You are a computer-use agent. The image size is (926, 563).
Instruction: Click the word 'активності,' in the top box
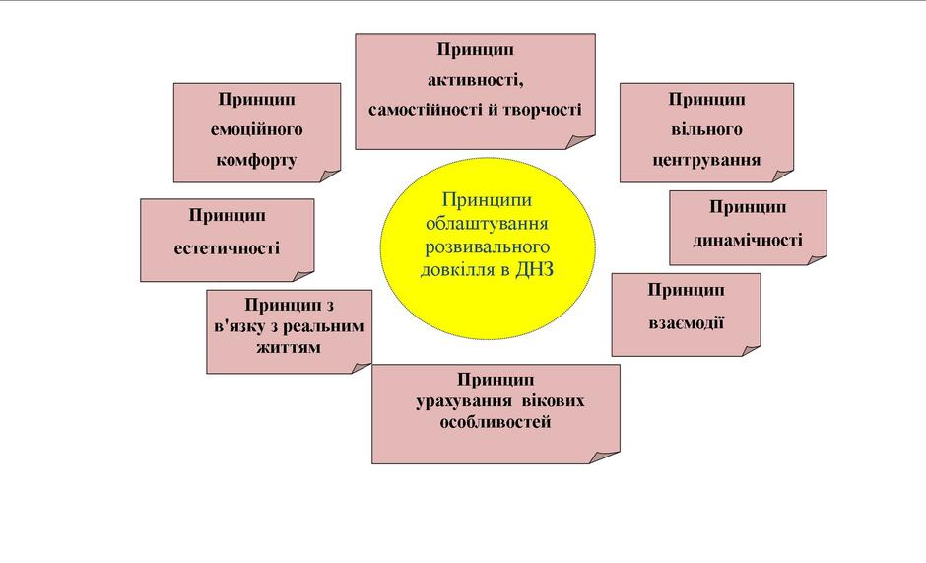(476, 79)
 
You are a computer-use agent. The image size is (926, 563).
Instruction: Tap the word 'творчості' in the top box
(542, 110)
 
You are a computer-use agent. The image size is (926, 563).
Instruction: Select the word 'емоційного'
(257, 129)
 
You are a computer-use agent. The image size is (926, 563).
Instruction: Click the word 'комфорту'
(256, 160)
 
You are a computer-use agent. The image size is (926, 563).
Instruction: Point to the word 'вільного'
(707, 129)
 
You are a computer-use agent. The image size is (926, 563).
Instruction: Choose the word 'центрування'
(706, 160)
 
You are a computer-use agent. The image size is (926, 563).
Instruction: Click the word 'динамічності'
(748, 241)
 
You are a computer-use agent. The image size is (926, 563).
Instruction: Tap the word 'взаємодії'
(687, 322)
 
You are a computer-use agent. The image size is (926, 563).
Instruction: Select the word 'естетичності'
(227, 247)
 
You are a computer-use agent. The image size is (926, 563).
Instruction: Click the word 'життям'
(289, 347)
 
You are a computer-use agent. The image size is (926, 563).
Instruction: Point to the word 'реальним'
(324, 326)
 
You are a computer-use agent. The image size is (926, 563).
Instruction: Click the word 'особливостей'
(496, 422)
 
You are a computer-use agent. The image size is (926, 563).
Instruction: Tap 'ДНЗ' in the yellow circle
(535, 270)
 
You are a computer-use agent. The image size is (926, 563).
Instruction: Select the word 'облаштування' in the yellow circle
(487, 224)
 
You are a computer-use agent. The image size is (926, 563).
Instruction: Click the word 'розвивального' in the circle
(488, 246)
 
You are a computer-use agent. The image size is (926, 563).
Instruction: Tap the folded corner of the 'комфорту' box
(330, 176)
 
